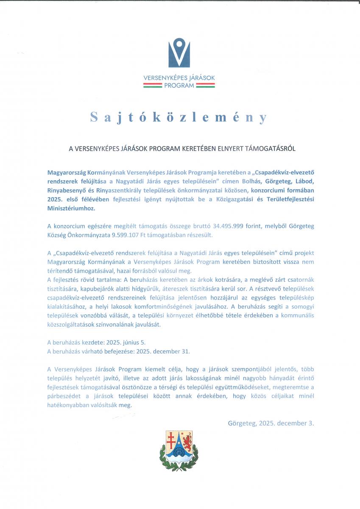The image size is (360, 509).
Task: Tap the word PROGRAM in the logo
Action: tap(179, 85)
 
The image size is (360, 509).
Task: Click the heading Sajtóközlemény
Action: tap(179, 117)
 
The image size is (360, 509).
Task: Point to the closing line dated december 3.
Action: tap(271, 423)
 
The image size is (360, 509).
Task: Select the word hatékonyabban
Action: tap(67, 405)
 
